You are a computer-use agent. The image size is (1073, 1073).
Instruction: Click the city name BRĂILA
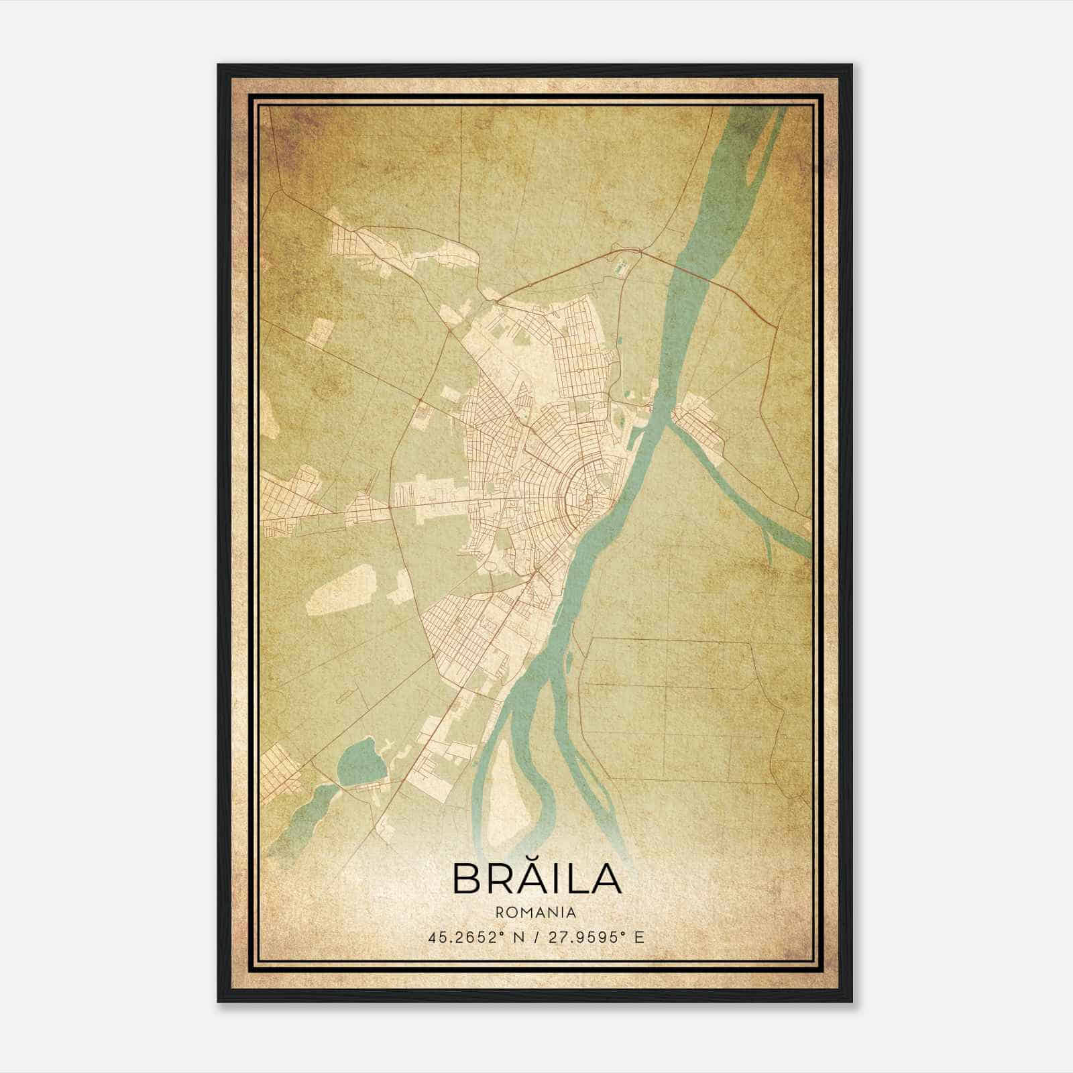(x=536, y=878)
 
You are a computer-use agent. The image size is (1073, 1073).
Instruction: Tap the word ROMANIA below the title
(x=536, y=912)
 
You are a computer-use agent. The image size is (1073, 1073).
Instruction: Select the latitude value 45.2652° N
(x=469, y=938)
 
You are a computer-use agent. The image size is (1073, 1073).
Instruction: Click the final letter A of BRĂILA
(x=606, y=879)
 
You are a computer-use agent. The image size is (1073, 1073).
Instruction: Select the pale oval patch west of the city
(x=341, y=589)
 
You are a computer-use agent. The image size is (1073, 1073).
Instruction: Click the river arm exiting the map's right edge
(x=795, y=536)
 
